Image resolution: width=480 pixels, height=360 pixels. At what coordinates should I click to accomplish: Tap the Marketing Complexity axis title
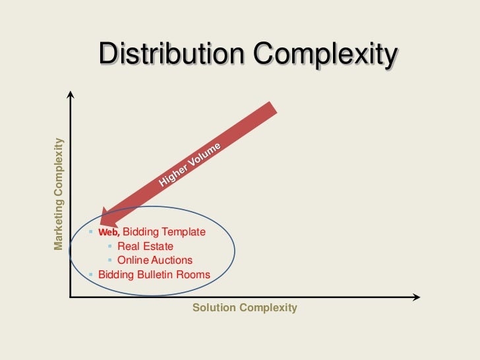(59, 194)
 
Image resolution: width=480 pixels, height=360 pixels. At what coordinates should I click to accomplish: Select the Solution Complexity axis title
(245, 308)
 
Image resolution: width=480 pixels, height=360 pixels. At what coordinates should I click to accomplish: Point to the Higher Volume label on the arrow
(191, 165)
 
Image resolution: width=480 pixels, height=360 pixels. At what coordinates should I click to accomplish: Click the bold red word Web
(109, 233)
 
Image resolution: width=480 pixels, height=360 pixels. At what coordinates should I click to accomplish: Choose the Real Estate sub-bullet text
(145, 247)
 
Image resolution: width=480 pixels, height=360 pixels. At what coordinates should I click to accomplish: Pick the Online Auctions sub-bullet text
(155, 260)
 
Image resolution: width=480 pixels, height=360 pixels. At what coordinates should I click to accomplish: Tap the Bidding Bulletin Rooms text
(154, 274)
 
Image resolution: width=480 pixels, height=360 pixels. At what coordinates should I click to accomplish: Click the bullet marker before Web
(92, 232)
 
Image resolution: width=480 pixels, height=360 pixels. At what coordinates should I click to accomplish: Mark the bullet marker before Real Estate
(111, 247)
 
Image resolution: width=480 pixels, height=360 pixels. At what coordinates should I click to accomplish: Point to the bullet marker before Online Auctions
(111, 260)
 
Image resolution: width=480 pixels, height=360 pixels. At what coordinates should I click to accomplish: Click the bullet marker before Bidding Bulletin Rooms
(92, 274)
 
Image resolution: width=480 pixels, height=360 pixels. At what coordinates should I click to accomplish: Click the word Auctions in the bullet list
(171, 260)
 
